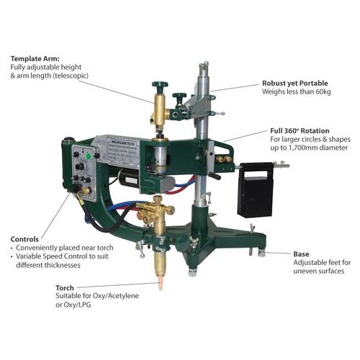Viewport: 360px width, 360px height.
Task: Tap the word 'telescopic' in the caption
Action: [82, 77]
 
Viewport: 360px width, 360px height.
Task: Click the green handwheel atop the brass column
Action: [159, 87]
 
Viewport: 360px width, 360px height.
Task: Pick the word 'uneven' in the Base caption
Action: [303, 274]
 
